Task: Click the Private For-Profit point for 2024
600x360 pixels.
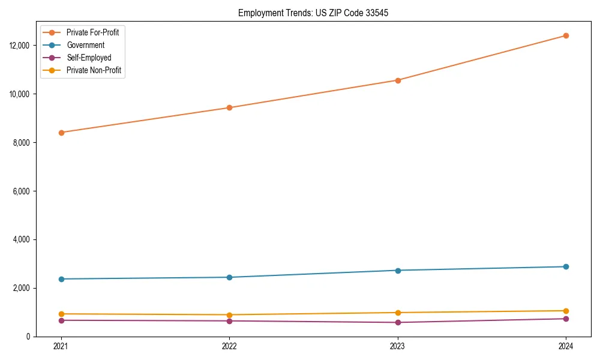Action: [566, 35]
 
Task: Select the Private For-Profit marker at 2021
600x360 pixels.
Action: [61, 133]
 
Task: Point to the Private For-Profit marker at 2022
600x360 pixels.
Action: [229, 108]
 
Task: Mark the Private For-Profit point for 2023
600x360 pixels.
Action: [398, 80]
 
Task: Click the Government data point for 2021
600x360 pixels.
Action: [61, 279]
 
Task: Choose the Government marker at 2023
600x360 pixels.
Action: [398, 271]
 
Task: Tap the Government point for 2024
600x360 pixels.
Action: [566, 266]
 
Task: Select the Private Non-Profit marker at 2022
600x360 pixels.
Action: [229, 315]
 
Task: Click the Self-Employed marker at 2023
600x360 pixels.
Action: [398, 323]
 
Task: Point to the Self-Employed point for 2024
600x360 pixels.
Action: [566, 319]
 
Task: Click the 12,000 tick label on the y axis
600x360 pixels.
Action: [21, 46]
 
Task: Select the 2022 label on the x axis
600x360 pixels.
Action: [229, 346]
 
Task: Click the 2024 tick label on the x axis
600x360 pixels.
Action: [566, 346]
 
